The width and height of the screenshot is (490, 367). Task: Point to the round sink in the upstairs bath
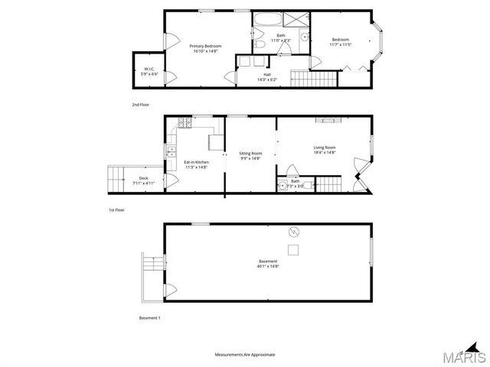pos(303,37)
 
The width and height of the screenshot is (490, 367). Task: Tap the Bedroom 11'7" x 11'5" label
pos(341,42)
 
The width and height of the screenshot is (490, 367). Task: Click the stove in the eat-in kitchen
pos(184,124)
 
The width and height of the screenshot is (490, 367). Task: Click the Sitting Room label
pos(250,156)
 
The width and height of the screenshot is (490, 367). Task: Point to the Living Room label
pos(325,150)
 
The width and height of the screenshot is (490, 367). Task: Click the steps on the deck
pos(116,180)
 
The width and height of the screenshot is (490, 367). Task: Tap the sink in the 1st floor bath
pos(282,185)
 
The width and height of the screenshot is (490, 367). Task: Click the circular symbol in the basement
pos(291,232)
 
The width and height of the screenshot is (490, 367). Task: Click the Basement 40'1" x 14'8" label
pos(268,264)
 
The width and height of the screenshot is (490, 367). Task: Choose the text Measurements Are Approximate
pos(244,354)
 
